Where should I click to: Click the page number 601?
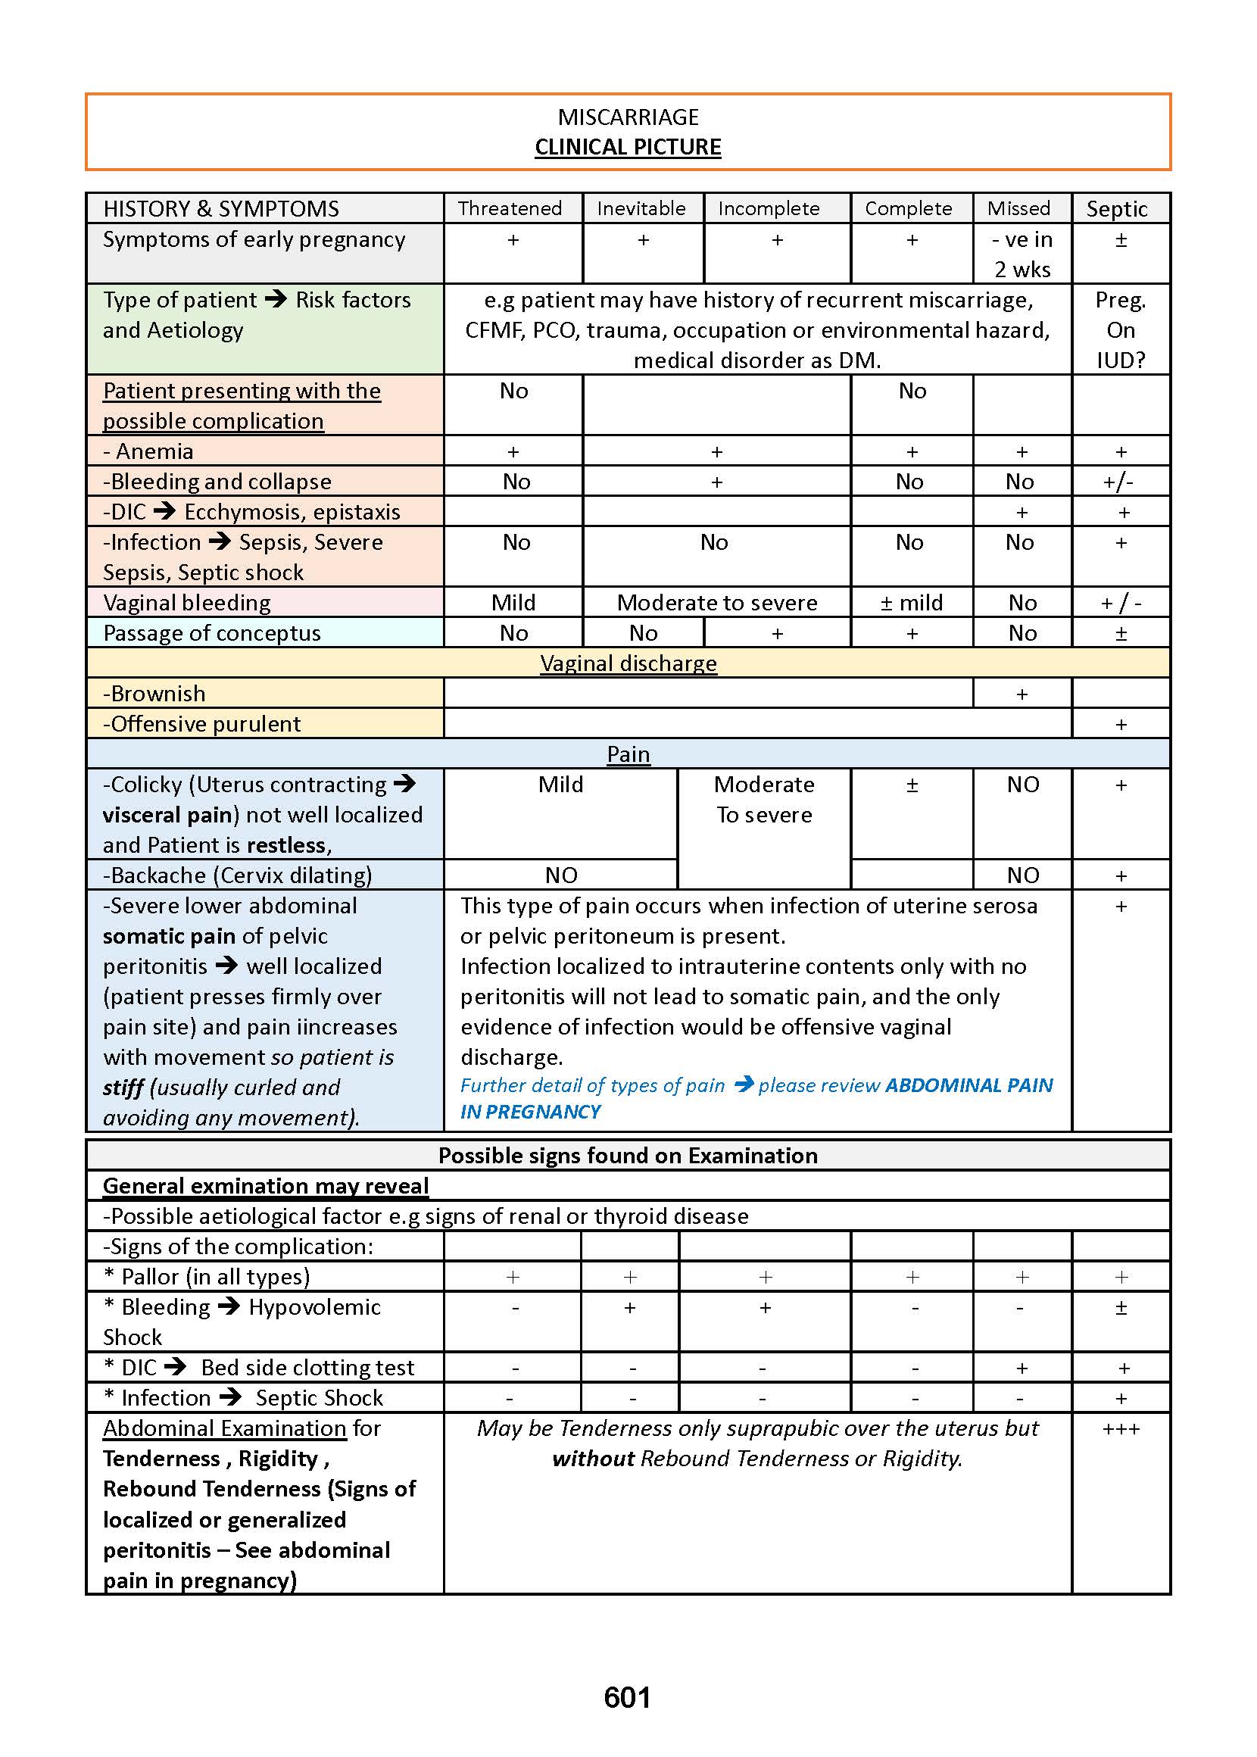coord(627,1696)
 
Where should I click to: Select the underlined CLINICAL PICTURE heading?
coord(628,147)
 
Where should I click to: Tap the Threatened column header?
coord(510,208)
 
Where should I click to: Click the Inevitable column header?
coord(641,208)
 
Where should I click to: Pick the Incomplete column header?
coord(769,208)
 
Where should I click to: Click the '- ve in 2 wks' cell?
coord(1022,254)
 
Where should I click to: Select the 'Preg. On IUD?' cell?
coord(1120,329)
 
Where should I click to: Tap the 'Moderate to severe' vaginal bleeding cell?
coord(717,602)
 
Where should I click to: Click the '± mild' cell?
coord(911,602)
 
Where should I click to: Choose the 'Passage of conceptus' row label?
coord(211,632)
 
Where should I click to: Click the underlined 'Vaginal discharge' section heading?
coord(628,663)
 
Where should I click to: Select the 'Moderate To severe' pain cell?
coord(764,799)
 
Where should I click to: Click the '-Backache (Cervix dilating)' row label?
coord(238,875)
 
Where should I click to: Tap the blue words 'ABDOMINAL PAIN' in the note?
coord(968,1085)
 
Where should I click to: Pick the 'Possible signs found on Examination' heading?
coord(628,1156)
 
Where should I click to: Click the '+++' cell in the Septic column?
coord(1120,1428)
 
